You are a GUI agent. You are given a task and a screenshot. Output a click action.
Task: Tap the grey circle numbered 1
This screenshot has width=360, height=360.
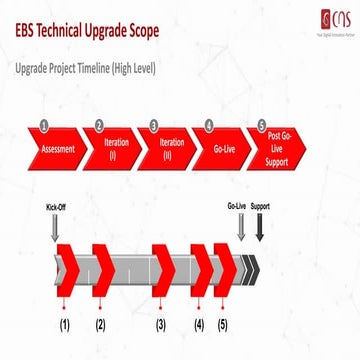coord(44,126)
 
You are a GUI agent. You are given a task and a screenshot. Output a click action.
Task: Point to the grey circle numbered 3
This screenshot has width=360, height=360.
coord(154,126)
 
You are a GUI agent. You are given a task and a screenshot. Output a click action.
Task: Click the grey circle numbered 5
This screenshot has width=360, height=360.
coord(262,126)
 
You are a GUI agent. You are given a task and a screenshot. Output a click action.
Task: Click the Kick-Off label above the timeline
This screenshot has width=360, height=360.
coord(55,208)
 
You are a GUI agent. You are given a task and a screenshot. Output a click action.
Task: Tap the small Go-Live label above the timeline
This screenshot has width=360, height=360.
coord(237,208)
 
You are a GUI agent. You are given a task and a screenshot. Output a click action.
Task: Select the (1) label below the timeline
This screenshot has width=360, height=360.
coord(64,325)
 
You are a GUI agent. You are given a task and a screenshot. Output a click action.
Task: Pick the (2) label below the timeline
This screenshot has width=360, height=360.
coord(100,325)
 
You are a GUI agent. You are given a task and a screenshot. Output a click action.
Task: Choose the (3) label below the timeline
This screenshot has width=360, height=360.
coord(161,325)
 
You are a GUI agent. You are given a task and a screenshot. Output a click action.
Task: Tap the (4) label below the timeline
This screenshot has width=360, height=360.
coord(199,325)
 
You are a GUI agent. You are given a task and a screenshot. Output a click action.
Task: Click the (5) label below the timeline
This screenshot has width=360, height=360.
coord(222,325)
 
